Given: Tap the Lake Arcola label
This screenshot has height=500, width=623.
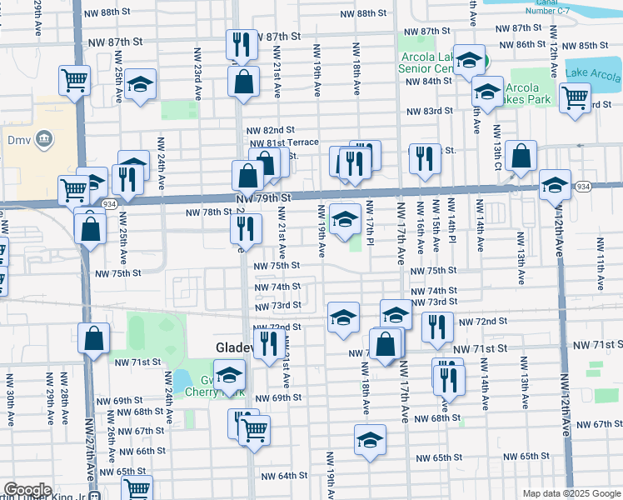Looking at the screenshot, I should click(x=593, y=74).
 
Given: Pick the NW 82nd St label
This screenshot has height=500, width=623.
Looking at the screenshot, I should click(x=271, y=130).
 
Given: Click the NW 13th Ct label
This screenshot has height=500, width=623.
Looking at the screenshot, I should click(x=497, y=143).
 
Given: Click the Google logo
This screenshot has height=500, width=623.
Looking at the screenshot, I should click(x=27, y=489).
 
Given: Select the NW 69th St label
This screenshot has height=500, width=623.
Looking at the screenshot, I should click(x=278, y=398).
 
